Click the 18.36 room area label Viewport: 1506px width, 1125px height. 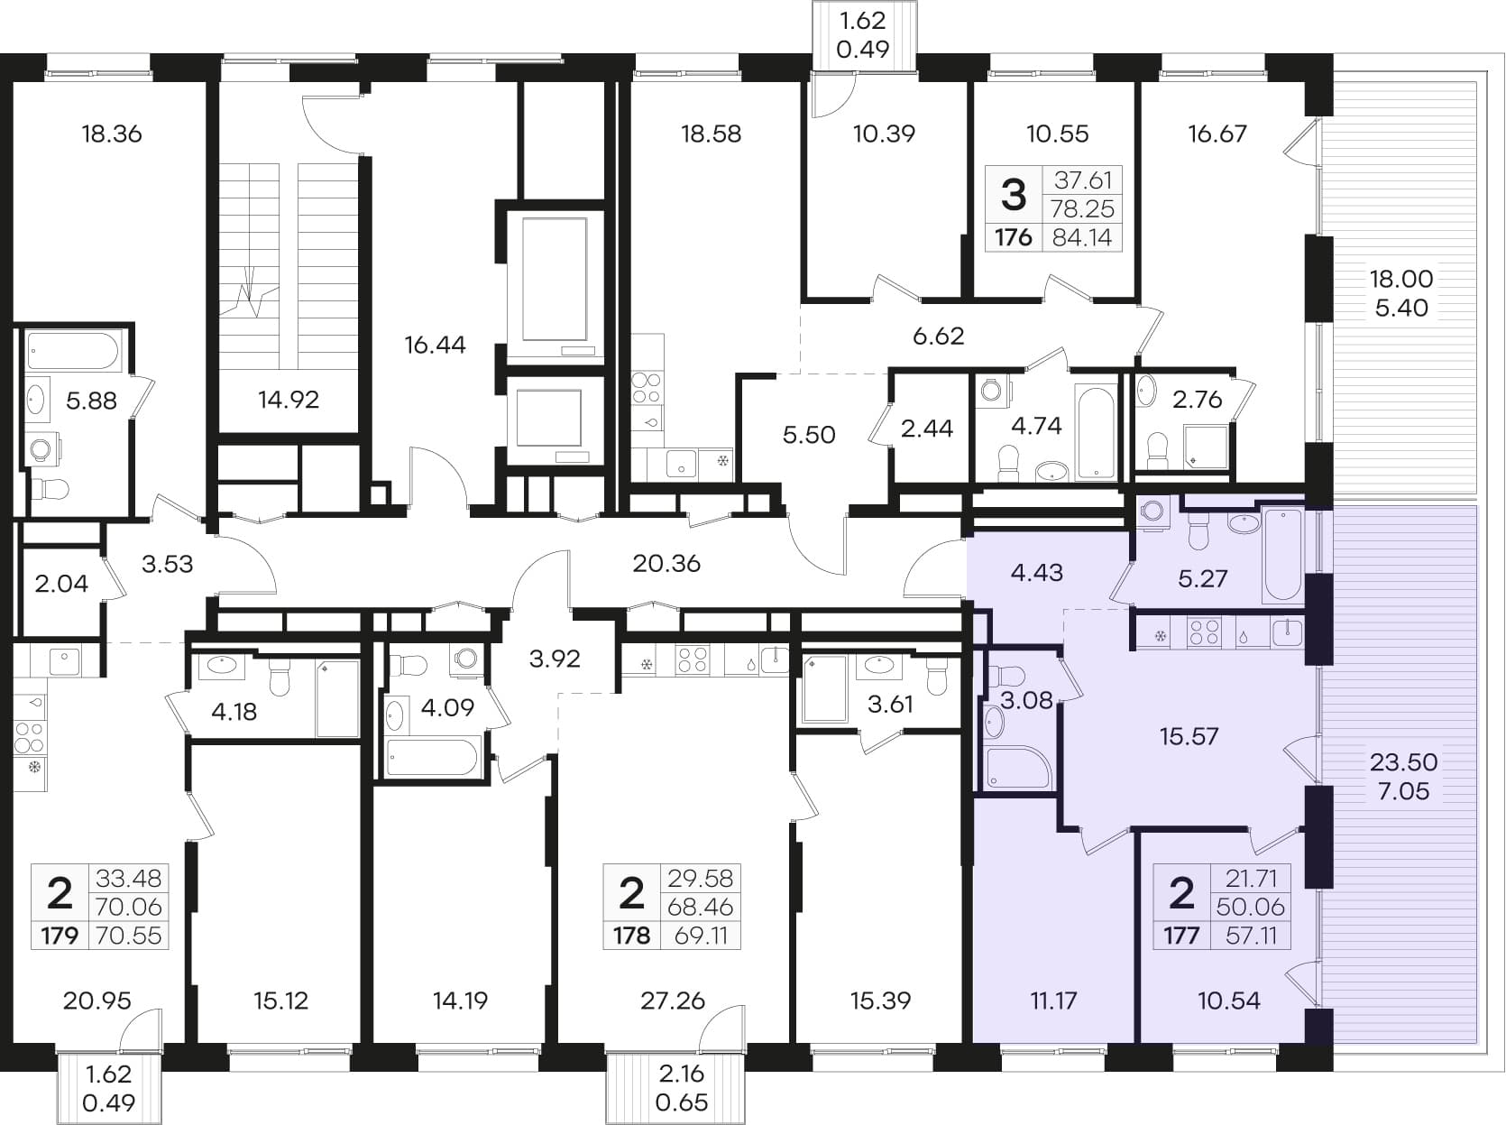coord(112,134)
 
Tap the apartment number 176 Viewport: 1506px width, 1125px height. coord(1014,237)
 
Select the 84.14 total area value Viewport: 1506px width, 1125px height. coord(1082,237)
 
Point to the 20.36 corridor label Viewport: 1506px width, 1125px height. coord(666,564)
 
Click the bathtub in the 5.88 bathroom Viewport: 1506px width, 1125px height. coord(75,352)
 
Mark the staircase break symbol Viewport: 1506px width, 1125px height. coord(255,291)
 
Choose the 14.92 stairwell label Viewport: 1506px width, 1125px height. coord(289,400)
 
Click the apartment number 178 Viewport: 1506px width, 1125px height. coord(631,935)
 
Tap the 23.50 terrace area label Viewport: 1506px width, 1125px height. coord(1403,762)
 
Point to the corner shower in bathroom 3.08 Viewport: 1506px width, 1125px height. coord(1017,768)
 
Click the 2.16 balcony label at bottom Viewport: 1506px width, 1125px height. coord(681,1074)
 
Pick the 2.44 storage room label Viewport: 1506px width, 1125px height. coord(926,429)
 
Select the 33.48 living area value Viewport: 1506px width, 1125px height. coord(128,878)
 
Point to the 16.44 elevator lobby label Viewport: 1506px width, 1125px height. coord(435,345)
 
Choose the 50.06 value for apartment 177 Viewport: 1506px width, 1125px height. coord(1250,907)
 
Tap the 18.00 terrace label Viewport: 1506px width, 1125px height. coord(1401,279)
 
